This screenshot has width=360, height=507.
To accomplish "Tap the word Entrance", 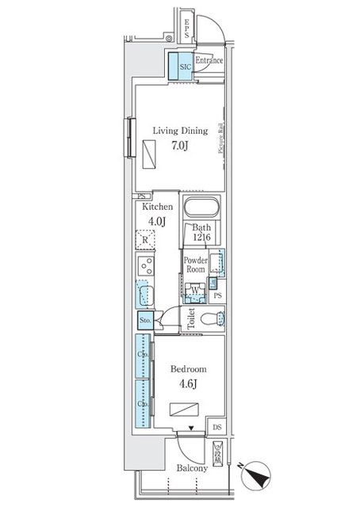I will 209,60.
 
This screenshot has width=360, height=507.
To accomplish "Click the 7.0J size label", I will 180,146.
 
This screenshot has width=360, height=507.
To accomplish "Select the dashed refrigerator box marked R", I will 145,238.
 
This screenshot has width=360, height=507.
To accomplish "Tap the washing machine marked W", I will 194,290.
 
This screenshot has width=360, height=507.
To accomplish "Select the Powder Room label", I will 195,265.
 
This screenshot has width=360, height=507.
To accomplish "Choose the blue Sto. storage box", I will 145,320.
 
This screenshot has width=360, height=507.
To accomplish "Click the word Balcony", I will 192,468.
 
